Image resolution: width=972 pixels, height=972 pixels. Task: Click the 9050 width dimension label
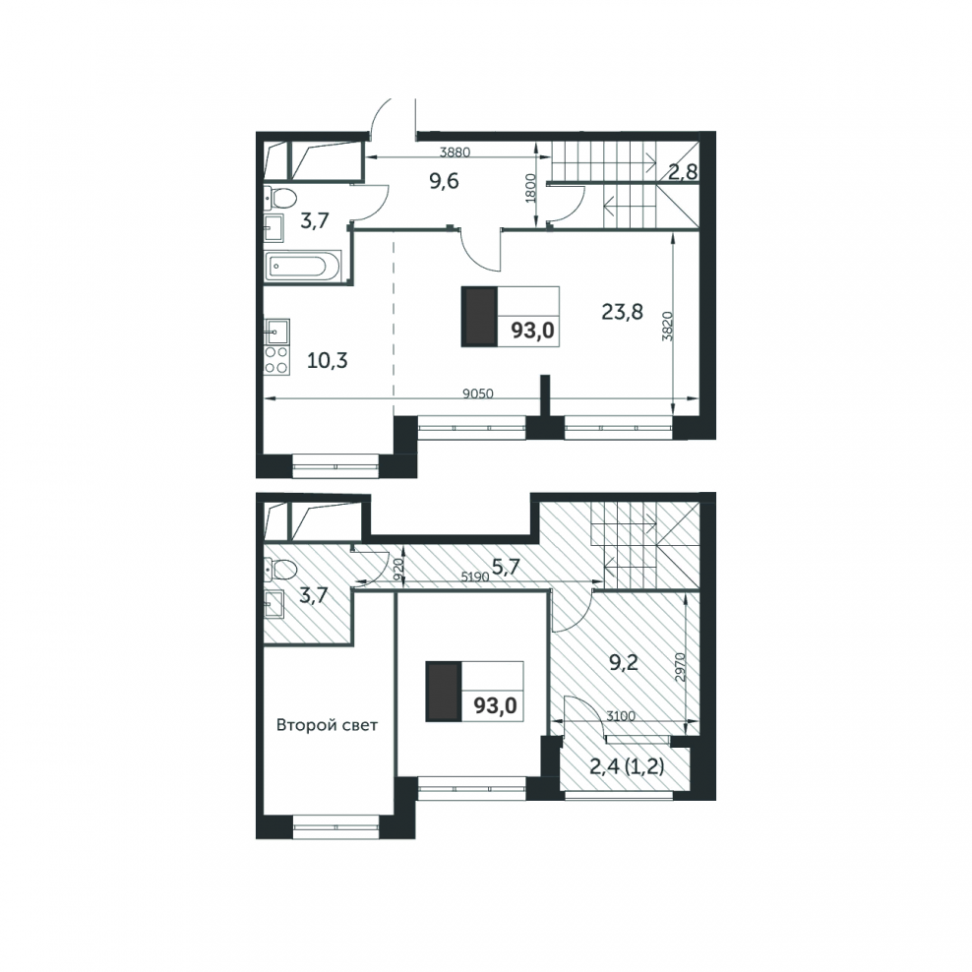478,393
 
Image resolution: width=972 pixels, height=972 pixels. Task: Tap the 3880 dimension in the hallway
455,152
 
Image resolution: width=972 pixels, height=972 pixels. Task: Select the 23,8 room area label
622,311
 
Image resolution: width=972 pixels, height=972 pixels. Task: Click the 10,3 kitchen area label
328,359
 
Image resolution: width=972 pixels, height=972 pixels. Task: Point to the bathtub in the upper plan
303,267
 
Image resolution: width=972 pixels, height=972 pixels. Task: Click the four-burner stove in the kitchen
277,359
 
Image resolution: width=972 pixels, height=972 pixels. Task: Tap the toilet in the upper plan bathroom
280,199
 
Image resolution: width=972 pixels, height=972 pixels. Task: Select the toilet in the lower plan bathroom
280,569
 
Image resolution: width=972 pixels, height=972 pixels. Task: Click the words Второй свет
327,725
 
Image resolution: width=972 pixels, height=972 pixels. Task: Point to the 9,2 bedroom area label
624,663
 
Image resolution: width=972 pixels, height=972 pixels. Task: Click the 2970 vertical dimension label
680,667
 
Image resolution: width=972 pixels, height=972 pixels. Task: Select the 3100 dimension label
620,716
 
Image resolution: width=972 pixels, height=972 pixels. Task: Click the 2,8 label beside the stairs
683,172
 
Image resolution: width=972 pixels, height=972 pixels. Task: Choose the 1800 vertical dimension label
530,188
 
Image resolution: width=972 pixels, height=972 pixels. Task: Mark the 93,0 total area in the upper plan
532,331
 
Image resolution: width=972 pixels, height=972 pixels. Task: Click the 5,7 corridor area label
506,566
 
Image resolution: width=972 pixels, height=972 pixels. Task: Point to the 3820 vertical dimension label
667,326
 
